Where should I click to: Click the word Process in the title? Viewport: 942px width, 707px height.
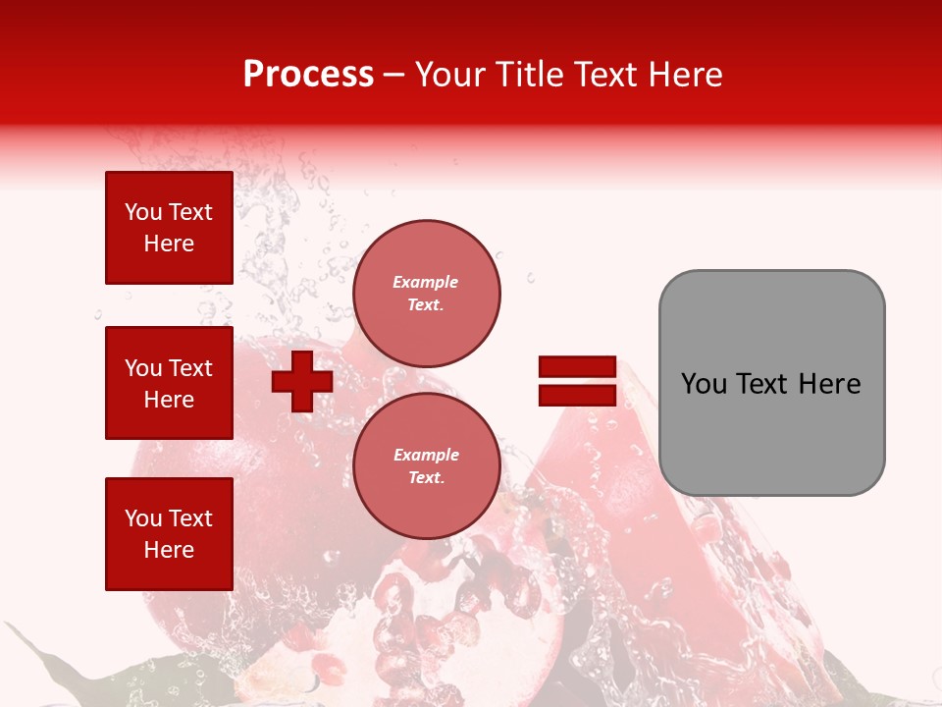308,75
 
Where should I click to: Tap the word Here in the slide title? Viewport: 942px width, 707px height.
683,75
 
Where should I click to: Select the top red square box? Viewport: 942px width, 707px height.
169,228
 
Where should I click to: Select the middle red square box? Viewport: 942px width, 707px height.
169,383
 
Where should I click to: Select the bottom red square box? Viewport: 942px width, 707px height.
169,534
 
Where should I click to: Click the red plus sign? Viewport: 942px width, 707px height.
301,381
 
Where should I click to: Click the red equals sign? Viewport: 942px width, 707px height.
577,381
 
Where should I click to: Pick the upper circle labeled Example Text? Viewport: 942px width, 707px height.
426,294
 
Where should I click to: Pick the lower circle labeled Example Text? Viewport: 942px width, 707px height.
426,466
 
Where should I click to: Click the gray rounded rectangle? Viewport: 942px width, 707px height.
771,383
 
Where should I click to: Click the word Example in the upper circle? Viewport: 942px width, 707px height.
426,282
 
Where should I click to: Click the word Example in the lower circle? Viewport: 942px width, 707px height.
426,455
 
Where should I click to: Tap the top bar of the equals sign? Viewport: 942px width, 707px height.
577,366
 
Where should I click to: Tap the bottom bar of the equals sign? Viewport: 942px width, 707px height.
577,395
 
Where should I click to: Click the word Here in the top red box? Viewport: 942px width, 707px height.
169,244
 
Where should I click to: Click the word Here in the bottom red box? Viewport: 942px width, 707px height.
169,550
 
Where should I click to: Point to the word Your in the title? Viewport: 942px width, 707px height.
450,75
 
